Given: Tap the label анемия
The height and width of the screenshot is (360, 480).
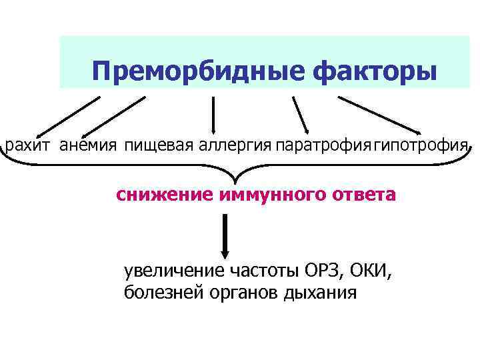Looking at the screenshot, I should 89,145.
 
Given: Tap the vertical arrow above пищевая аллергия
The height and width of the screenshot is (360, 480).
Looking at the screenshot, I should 213,115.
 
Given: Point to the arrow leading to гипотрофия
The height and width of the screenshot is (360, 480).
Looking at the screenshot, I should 380,115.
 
